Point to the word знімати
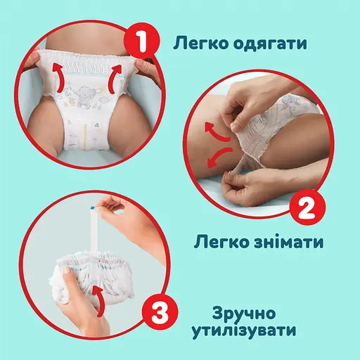click(289, 244)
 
